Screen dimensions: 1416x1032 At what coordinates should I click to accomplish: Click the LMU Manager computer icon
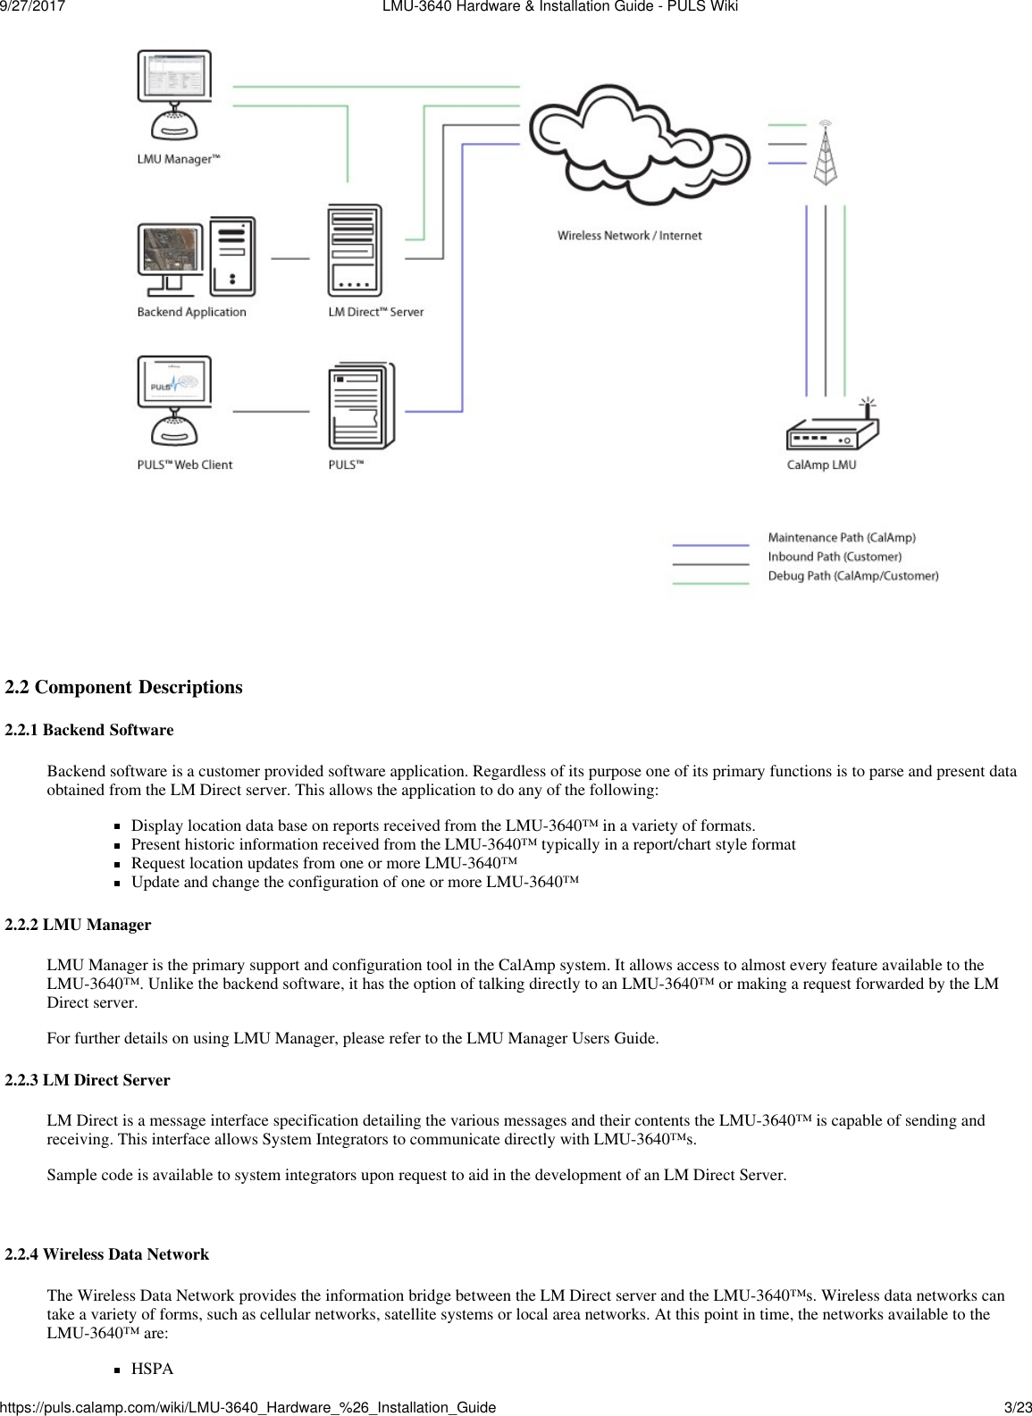174,94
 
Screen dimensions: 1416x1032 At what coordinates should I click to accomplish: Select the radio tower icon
825,153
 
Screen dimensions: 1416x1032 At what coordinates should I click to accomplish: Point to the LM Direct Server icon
355,251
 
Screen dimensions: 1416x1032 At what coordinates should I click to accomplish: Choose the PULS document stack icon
361,406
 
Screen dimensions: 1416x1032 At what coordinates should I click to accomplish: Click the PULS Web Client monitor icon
174,401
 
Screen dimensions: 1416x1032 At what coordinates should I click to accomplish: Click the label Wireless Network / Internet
629,236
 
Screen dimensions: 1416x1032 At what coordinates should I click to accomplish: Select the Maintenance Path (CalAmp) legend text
842,538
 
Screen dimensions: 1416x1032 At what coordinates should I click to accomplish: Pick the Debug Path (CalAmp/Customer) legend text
852,576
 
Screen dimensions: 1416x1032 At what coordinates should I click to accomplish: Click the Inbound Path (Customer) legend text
835,557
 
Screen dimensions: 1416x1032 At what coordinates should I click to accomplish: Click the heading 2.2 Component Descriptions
123,687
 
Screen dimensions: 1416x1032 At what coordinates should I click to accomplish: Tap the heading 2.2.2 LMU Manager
79,925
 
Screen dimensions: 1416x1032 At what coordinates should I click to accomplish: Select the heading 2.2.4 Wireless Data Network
107,1254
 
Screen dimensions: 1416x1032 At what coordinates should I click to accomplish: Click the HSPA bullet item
153,1369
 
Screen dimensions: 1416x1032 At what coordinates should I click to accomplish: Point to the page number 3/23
1016,1407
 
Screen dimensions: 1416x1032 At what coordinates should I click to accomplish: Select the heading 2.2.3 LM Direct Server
88,1080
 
